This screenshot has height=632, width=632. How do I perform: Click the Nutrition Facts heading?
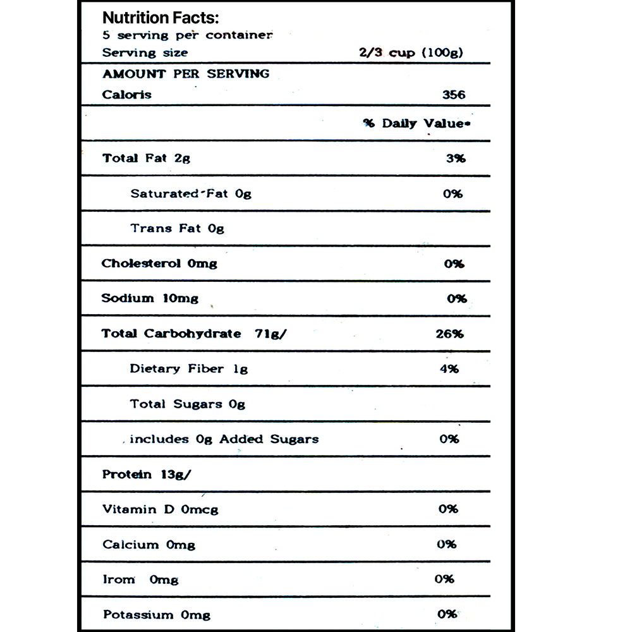point(161,18)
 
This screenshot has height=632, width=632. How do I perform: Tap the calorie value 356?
point(454,95)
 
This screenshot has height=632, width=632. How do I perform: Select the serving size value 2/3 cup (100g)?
point(411,52)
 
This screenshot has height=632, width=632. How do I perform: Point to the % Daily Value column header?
point(417,123)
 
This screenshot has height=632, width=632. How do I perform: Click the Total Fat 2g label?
point(146,158)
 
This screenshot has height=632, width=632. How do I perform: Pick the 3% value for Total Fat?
point(455,159)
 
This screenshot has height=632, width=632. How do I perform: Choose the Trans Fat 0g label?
point(178,228)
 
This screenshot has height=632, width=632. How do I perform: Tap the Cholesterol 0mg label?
point(159,263)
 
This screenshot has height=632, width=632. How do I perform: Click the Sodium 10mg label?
point(150,298)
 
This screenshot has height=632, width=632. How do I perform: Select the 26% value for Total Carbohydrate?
point(449,333)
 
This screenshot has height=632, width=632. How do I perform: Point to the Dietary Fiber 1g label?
point(189,368)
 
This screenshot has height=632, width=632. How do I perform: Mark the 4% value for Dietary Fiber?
point(449,368)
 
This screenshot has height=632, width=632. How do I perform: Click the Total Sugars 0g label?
point(188,404)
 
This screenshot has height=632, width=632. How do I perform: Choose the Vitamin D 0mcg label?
point(161,509)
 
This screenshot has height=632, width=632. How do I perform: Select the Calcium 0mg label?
point(149,544)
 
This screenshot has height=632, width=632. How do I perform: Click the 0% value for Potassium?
point(447,614)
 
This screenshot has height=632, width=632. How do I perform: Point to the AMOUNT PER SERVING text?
point(186,73)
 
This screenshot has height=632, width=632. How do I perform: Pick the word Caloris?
point(127,95)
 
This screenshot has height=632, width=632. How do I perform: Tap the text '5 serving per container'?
point(188,35)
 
